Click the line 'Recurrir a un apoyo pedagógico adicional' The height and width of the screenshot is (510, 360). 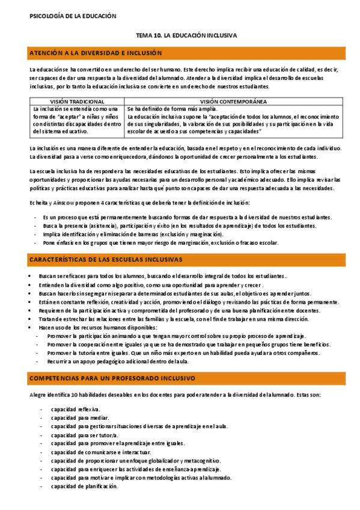point(118,362)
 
